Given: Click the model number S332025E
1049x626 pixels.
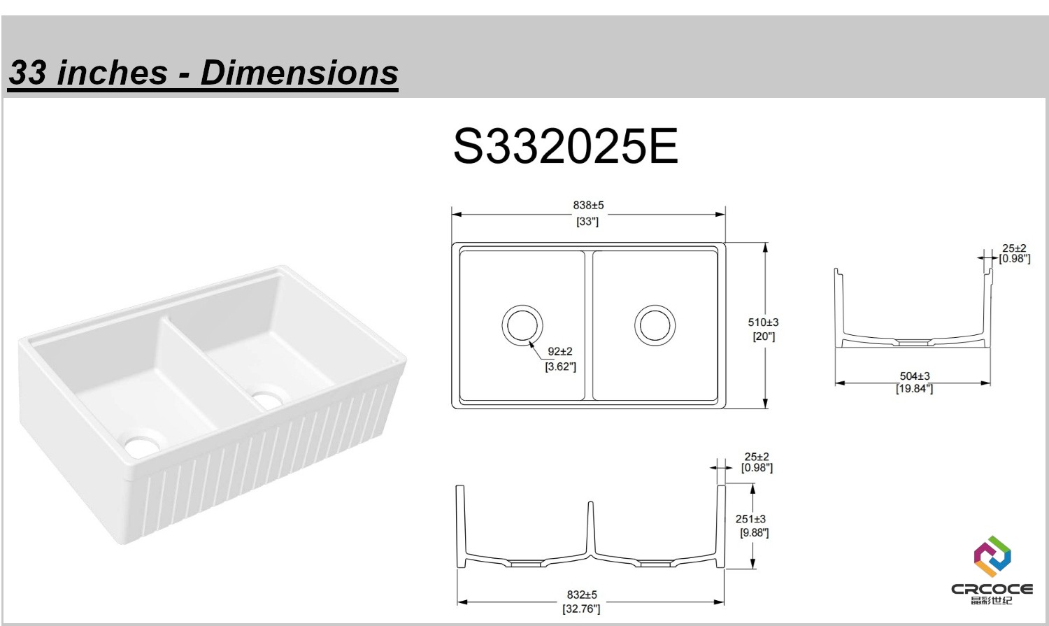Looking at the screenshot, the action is pyautogui.click(x=566, y=146).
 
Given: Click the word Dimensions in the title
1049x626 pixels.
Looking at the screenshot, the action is pyautogui.click(x=299, y=73).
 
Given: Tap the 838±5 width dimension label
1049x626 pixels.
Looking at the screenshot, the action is pyautogui.click(x=588, y=205).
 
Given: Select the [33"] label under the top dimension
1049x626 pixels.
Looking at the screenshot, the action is pyautogui.click(x=587, y=222).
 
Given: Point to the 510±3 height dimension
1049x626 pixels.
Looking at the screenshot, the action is pyautogui.click(x=763, y=322).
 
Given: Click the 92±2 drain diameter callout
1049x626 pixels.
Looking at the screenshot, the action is pyautogui.click(x=560, y=351).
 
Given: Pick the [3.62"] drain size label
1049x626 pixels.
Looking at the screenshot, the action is pyautogui.click(x=561, y=366).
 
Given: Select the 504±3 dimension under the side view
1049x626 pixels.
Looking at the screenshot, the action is pyautogui.click(x=915, y=376).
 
